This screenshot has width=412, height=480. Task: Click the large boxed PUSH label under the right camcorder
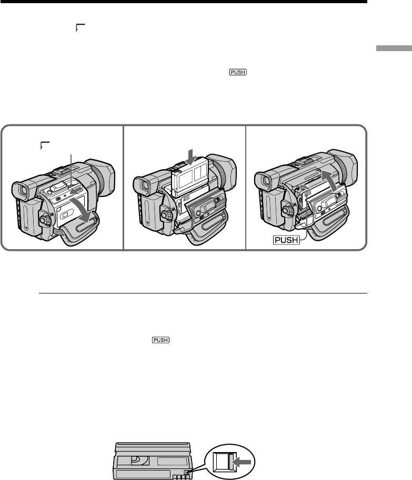tap(286, 240)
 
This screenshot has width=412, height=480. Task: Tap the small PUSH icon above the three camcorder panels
tap(238, 72)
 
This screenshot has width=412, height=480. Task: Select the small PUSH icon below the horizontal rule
tap(160, 340)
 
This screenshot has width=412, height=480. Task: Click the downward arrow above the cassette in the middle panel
tap(192, 156)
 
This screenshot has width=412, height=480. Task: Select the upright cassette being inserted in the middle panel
tap(190, 178)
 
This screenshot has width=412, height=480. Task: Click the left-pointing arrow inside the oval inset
tap(242, 462)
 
